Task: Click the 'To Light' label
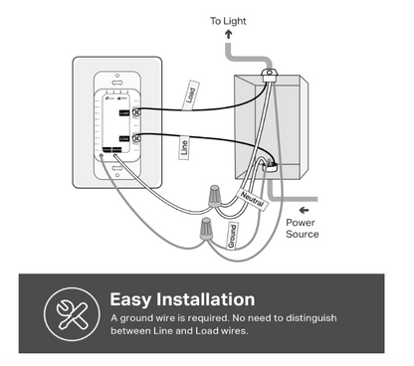point(229,20)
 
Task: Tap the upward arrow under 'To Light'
point(228,36)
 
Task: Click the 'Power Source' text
point(303,229)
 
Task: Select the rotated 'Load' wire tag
point(189,95)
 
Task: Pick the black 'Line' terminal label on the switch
point(123,136)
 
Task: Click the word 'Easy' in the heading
point(130,299)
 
